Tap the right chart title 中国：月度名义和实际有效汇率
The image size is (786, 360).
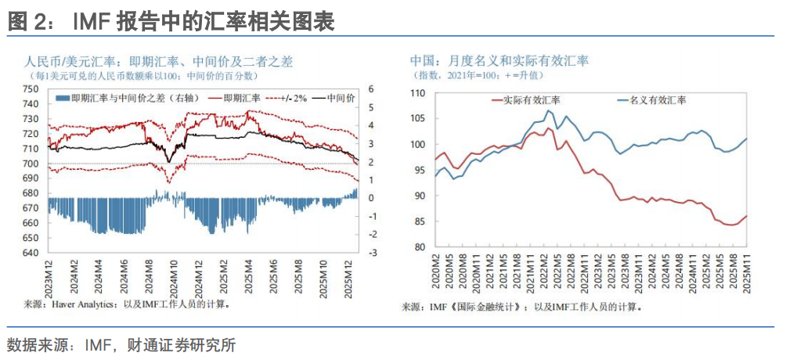click(500, 60)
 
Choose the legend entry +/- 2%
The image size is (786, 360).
click(287, 98)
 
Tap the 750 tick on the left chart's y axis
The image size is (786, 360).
click(31, 88)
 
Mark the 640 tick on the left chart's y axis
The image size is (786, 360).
click(31, 253)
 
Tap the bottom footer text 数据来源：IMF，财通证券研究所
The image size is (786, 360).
click(121, 344)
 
